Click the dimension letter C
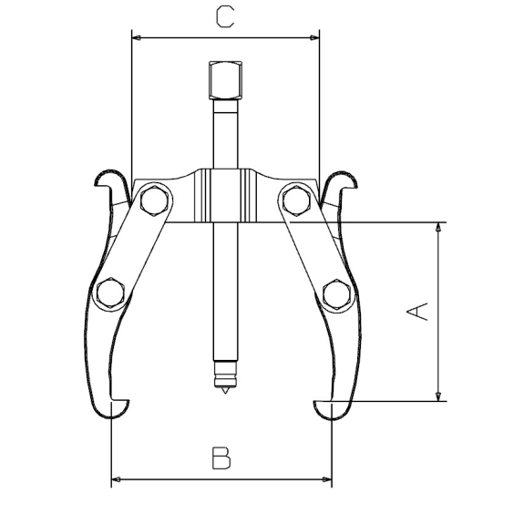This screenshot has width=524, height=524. [x=225, y=17]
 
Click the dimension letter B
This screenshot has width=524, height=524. [x=221, y=457]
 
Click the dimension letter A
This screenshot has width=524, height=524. [x=417, y=312]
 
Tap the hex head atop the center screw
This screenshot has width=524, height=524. [x=225, y=80]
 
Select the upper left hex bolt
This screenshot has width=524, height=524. [x=154, y=200]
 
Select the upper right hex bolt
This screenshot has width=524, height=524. [x=296, y=200]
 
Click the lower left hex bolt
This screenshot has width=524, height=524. [x=110, y=293]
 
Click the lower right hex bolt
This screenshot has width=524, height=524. [x=337, y=294]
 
